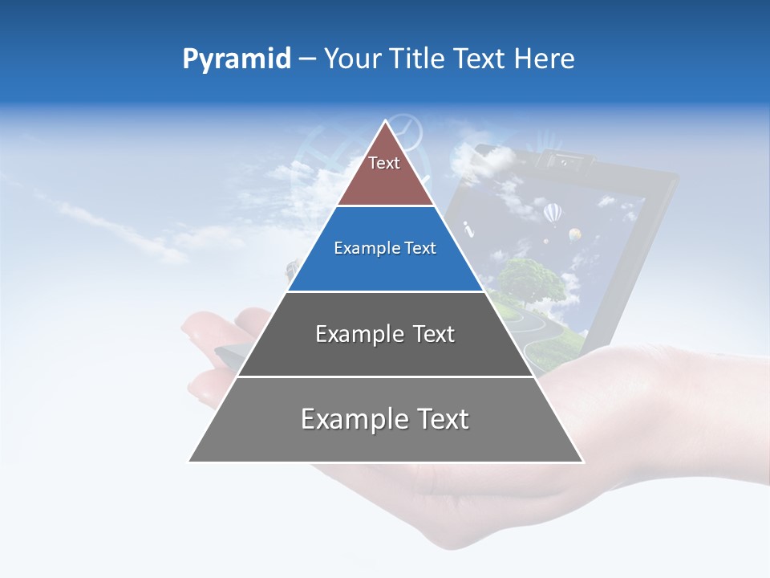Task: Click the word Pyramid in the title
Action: (x=236, y=59)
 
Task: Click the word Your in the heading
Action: (x=352, y=59)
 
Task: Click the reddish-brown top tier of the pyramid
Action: (x=385, y=181)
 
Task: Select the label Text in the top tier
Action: (x=383, y=163)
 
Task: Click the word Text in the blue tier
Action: (x=420, y=249)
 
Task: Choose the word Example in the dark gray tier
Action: (x=355, y=334)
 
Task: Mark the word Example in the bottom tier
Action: (x=350, y=419)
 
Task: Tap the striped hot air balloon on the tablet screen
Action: (x=553, y=213)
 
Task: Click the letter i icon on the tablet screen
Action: (x=469, y=231)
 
